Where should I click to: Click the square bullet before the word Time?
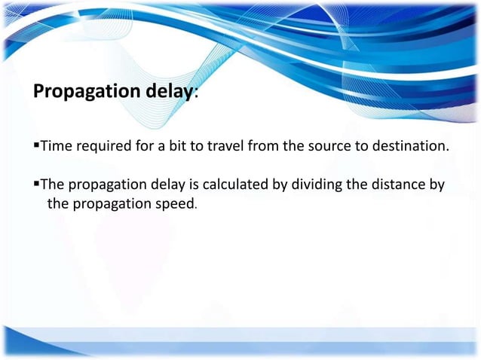pos(35,145)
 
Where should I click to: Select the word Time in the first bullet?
pos(54,145)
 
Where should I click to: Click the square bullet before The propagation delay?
pos(35,184)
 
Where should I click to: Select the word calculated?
pos(243,185)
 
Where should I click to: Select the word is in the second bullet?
pos(199,185)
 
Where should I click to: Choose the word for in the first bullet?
pos(145,145)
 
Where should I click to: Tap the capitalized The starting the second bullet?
pos(53,185)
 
